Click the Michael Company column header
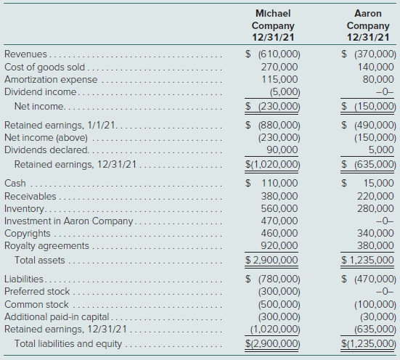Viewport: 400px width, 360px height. (x=273, y=25)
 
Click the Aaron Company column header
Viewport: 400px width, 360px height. (x=368, y=25)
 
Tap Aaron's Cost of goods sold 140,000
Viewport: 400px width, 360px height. (x=375, y=67)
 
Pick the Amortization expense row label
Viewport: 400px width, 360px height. (x=51, y=80)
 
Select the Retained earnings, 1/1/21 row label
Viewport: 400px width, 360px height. (x=60, y=126)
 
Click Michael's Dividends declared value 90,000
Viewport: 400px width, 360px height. (x=282, y=150)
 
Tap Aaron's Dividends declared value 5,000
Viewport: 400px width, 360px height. (x=381, y=150)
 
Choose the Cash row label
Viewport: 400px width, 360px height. (x=15, y=183)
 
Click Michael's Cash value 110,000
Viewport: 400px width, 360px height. (x=279, y=183)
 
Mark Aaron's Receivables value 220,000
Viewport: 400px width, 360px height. (x=375, y=196)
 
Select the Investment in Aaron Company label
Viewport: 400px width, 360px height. (x=69, y=221)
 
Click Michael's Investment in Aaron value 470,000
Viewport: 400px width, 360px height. (x=279, y=221)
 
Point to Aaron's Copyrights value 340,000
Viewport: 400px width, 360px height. (x=375, y=233)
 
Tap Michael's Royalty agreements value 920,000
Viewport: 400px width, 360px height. (x=279, y=245)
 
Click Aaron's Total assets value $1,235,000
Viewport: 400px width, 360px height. (x=367, y=260)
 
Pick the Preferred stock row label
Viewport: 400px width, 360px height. (x=37, y=291)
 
